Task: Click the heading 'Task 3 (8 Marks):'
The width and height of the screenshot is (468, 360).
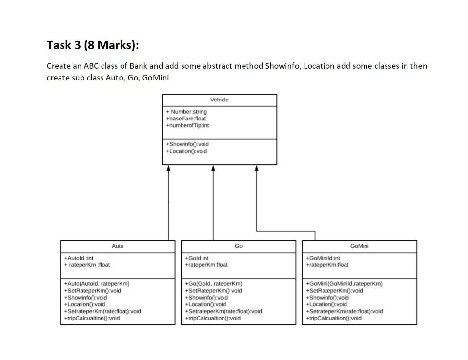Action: tap(93, 45)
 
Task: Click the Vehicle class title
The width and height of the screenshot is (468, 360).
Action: tap(219, 100)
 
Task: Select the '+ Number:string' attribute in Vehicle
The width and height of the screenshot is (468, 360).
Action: tap(186, 112)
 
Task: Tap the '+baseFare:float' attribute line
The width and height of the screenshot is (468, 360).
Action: tap(186, 119)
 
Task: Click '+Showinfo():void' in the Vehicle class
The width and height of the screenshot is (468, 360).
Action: tap(187, 144)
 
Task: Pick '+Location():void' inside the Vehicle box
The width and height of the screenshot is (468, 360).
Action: tap(186, 151)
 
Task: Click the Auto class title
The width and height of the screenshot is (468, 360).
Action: tap(118, 246)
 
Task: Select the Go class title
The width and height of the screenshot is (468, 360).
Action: tap(238, 246)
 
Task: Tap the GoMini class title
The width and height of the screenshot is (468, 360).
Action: tap(359, 246)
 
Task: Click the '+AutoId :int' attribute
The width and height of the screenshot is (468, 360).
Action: tap(79, 258)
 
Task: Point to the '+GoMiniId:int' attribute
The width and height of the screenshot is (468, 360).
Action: tap(323, 258)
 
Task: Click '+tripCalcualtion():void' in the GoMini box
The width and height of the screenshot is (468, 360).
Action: tap(334, 318)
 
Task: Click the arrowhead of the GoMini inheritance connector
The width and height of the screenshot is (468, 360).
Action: tap(256, 168)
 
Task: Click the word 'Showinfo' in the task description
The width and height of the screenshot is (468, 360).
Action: tap(283, 66)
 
